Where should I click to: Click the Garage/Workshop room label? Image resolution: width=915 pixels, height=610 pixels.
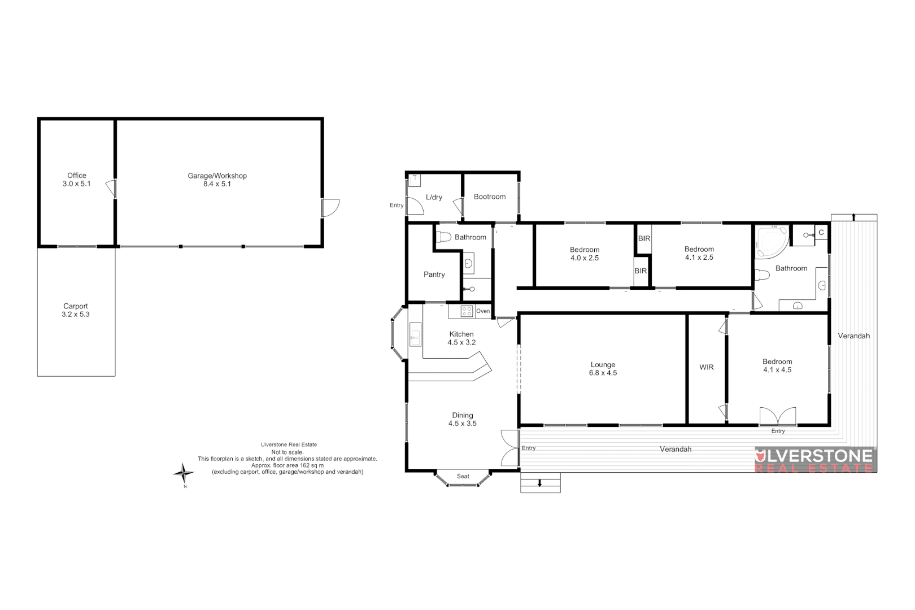(x=217, y=180)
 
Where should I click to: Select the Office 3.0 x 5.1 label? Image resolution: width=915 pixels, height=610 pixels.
(x=77, y=180)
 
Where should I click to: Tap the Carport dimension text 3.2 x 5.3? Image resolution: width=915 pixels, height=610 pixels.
(x=76, y=315)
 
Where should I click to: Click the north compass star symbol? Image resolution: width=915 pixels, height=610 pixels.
(x=183, y=472)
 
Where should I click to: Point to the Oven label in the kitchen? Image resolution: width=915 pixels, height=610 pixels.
(x=483, y=311)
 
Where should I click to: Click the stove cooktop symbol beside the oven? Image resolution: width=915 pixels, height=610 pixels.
(x=467, y=311)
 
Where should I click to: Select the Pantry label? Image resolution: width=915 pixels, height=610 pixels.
(x=434, y=274)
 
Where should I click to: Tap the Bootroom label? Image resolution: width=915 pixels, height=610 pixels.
(x=490, y=197)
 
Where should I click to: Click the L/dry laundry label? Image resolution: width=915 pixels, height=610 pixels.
(x=434, y=197)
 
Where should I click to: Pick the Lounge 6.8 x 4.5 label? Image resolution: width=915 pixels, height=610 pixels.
(x=603, y=369)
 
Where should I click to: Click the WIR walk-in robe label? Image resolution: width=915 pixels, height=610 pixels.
(x=707, y=367)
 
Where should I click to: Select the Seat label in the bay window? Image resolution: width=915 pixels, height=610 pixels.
(x=463, y=476)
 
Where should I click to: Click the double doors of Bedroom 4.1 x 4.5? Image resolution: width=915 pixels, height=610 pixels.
(x=778, y=417)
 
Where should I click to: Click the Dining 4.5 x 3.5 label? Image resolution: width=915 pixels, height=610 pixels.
(x=463, y=419)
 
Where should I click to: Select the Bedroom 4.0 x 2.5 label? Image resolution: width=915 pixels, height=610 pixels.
(x=585, y=254)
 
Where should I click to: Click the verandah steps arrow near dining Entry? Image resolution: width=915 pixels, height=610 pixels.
(x=540, y=483)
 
